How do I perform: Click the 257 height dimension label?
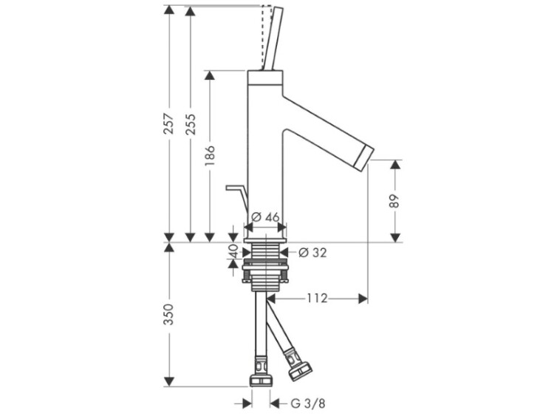pos(170,123)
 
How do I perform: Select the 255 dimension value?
pos(191,124)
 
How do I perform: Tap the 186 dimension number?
pos(210,155)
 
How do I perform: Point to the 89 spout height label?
pos(395,201)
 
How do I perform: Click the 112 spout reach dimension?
pos(317,299)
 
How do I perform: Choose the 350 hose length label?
pos(170,314)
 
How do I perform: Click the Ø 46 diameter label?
pos(266,217)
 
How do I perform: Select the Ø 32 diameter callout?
pos(312,253)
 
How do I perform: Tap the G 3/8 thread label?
pos(308,403)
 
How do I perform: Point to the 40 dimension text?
pos(233,252)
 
